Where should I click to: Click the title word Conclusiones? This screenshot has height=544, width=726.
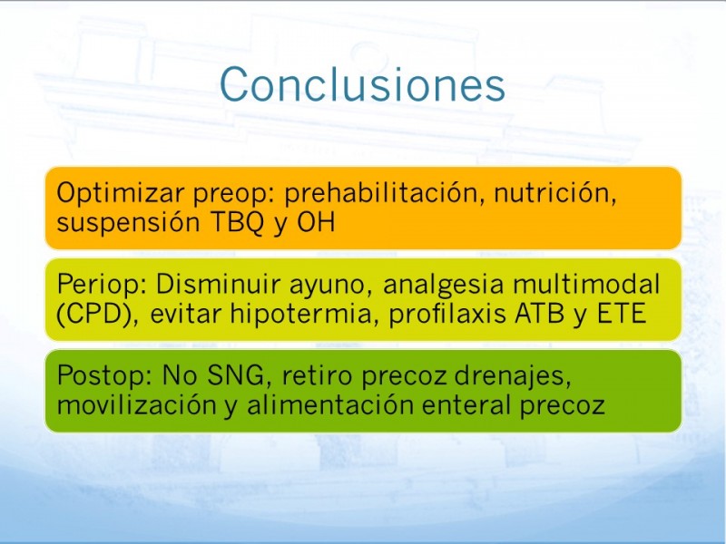(362, 84)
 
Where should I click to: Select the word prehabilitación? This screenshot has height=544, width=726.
(384, 193)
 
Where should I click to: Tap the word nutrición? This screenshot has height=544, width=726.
(555, 192)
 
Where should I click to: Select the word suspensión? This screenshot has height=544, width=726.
(128, 223)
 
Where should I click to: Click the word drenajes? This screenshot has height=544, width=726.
(513, 376)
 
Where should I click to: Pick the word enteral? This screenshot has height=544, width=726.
(466, 404)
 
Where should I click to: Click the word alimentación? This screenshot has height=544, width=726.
(330, 404)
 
